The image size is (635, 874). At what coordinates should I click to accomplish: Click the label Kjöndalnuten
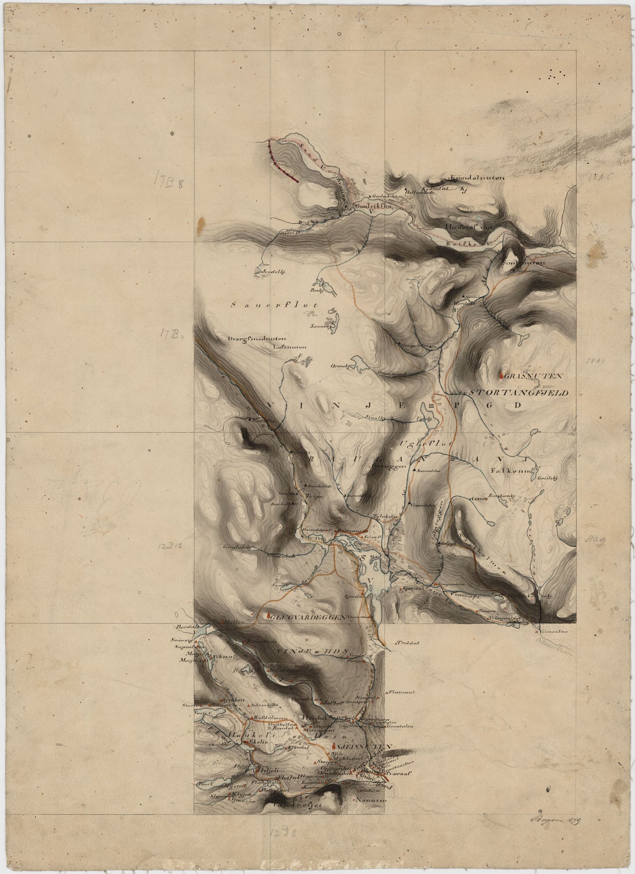coord(477,178)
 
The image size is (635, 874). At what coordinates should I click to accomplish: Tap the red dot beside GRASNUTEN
coord(502,376)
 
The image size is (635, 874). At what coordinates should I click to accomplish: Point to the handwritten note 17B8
coord(173,179)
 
